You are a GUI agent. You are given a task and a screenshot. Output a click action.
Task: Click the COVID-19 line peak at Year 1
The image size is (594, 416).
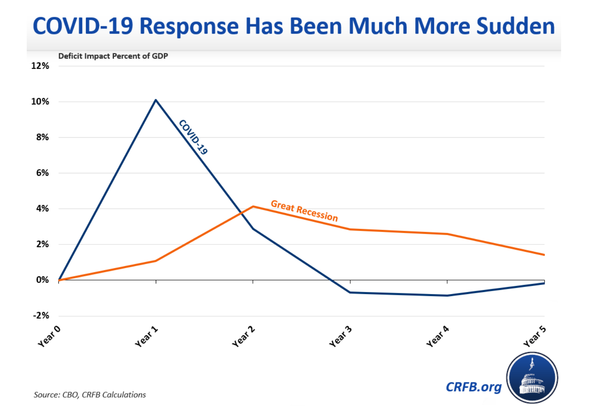coord(156,100)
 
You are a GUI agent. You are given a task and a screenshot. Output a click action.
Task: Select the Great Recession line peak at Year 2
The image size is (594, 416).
coord(253,206)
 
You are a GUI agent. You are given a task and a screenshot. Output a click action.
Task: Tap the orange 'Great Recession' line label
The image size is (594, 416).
coord(304,211)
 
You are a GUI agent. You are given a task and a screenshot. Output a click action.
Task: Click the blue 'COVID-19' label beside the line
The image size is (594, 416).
coord(193,137)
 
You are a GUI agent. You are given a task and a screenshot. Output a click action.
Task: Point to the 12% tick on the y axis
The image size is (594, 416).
coord(40,66)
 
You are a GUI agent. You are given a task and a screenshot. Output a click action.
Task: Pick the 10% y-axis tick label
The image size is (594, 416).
coord(40,102)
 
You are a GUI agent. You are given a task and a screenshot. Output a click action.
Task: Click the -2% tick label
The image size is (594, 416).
coord(41,316)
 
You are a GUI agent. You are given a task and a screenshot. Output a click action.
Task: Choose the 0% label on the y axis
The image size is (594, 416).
coord(42,280)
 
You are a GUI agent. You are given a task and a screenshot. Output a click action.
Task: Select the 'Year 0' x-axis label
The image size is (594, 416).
coord(49,336)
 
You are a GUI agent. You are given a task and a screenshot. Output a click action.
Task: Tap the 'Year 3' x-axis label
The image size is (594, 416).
coord(340,336)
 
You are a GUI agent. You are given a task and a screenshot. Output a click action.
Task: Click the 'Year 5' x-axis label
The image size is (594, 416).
coord(534,336)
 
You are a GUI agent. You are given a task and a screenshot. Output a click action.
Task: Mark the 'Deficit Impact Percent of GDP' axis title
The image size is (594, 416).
coord(113,56)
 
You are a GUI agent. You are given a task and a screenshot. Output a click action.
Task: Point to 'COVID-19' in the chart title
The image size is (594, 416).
coord(83,26)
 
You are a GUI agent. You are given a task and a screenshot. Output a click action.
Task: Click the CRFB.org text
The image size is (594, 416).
coord(474,387)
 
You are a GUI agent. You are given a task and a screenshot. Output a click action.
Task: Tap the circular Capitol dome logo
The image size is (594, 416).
coord(532,378)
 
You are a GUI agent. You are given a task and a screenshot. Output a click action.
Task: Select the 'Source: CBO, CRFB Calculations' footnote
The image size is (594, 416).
coord(90,395)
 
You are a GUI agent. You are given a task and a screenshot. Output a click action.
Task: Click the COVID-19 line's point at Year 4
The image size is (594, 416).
coord(447,295)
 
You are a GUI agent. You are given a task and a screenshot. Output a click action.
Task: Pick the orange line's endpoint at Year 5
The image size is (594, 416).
coord(544,255)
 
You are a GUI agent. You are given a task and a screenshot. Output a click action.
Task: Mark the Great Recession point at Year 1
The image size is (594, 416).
coord(156,261)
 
